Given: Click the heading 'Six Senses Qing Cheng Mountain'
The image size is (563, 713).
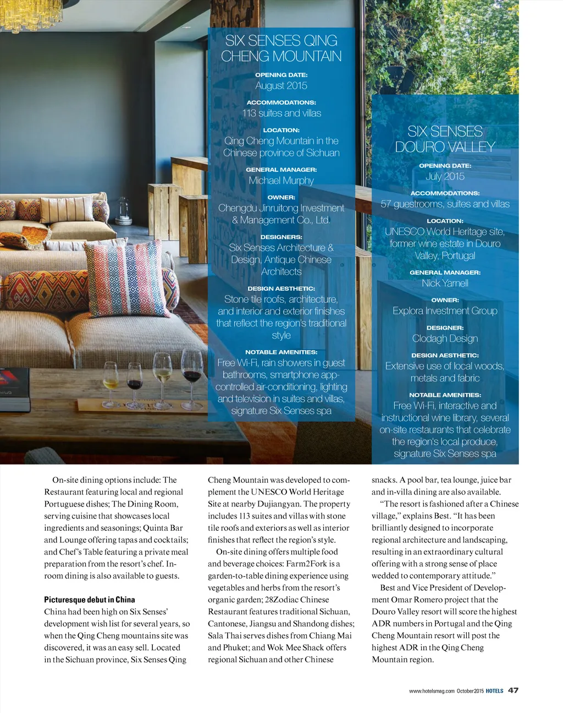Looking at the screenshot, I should click(x=281, y=48).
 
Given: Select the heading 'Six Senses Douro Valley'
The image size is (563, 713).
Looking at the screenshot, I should click(x=445, y=139).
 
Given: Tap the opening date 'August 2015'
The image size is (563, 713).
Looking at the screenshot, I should click(x=281, y=85).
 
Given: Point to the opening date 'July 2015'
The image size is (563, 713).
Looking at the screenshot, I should click(x=445, y=176).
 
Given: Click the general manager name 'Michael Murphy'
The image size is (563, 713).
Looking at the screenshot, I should click(x=281, y=181).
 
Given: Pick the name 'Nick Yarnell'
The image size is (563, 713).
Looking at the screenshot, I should click(x=445, y=283).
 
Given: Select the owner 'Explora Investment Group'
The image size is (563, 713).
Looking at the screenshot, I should click(x=445, y=311).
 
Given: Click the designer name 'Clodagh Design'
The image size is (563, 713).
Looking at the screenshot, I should click(x=445, y=338).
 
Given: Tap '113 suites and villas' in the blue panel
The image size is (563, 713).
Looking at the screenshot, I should click(x=281, y=113).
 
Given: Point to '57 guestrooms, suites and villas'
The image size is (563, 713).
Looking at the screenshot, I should click(x=445, y=204).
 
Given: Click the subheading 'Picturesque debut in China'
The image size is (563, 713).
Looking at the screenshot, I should click(x=89, y=600).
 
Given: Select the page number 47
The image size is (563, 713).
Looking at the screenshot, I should click(x=513, y=690).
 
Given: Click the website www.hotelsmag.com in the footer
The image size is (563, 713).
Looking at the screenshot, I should click(x=432, y=690).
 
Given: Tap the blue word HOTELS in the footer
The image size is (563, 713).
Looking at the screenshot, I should click(x=494, y=690).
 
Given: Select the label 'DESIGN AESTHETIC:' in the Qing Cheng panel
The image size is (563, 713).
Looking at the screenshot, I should click(x=281, y=289).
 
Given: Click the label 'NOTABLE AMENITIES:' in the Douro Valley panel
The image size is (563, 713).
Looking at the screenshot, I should click(x=445, y=395).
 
